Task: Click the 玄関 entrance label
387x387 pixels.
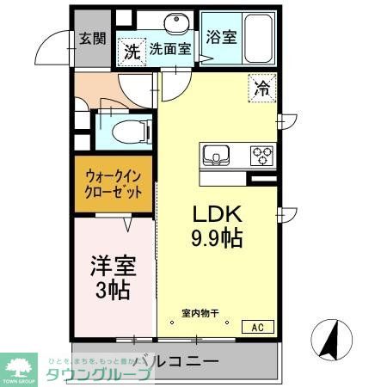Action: pos(92,38)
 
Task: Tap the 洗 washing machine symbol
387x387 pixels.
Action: pos(132,51)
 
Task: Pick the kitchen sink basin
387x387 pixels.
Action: pos(217,155)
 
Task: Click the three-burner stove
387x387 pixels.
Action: pos(261,155)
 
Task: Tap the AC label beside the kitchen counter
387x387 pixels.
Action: pos(261,178)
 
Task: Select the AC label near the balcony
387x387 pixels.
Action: pos(257,326)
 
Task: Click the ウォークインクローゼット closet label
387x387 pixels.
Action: pos(114,184)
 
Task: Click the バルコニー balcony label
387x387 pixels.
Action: pos(176,361)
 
